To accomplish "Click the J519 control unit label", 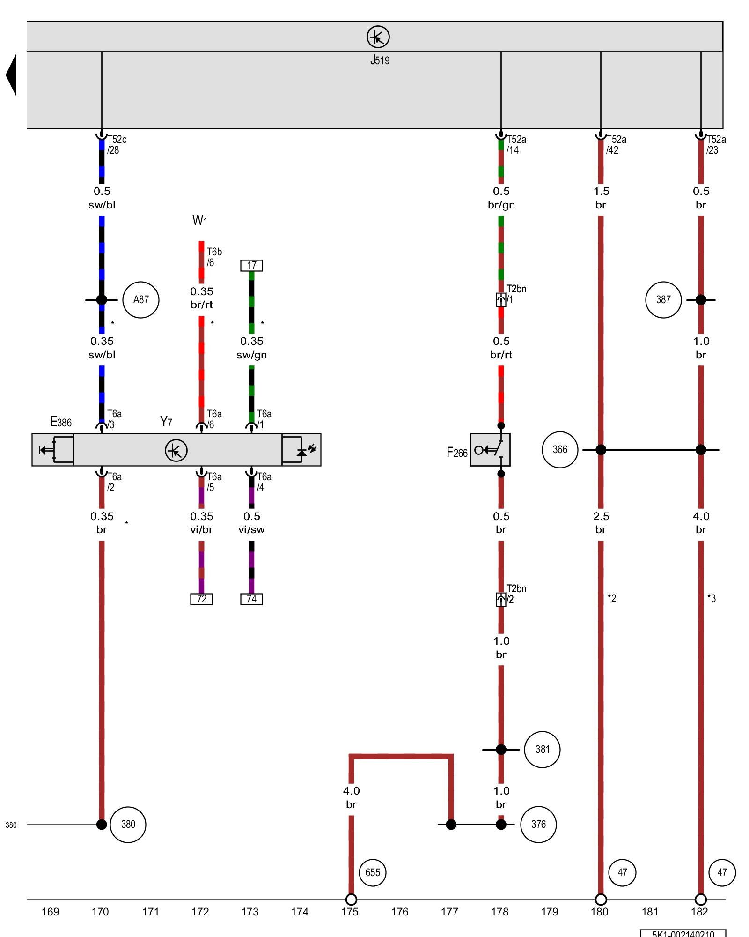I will (x=380, y=60).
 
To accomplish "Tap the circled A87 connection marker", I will (x=140, y=300).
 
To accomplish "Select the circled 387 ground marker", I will (x=663, y=300).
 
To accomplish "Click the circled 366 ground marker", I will (x=560, y=450).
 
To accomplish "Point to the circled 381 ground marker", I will (x=542, y=750).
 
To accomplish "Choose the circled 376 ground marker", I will (x=538, y=825).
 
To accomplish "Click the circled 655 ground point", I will (x=373, y=872).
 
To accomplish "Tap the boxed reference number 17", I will (x=251, y=266).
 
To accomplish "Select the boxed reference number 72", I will (x=201, y=599).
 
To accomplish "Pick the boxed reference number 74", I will (x=251, y=599).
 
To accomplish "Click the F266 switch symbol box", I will (x=490, y=450).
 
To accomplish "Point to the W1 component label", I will (x=200, y=220).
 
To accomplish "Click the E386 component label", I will (x=61, y=422).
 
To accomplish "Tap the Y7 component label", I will (x=166, y=422).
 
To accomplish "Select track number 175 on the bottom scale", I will (x=350, y=912).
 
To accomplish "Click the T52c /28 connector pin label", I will (x=116, y=145).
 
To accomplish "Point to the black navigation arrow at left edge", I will (x=11, y=75).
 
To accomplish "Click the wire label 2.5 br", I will (x=601, y=523).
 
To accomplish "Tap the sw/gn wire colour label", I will (x=251, y=355).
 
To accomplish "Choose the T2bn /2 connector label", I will (x=516, y=594).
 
